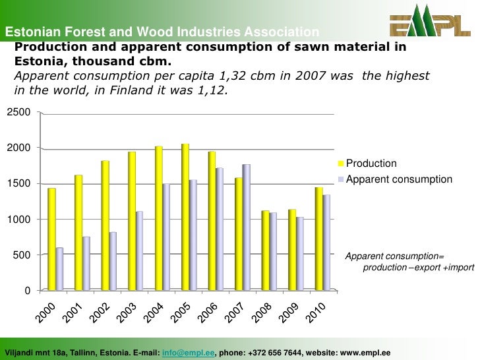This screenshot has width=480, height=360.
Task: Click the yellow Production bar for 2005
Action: (185, 217)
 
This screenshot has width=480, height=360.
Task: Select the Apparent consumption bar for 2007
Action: (247, 227)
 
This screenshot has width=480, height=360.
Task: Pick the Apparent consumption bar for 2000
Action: (60, 269)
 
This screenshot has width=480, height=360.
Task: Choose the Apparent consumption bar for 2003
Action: (140, 251)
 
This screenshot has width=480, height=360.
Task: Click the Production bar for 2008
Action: (266, 251)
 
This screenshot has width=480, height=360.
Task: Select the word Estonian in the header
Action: (28, 32)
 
